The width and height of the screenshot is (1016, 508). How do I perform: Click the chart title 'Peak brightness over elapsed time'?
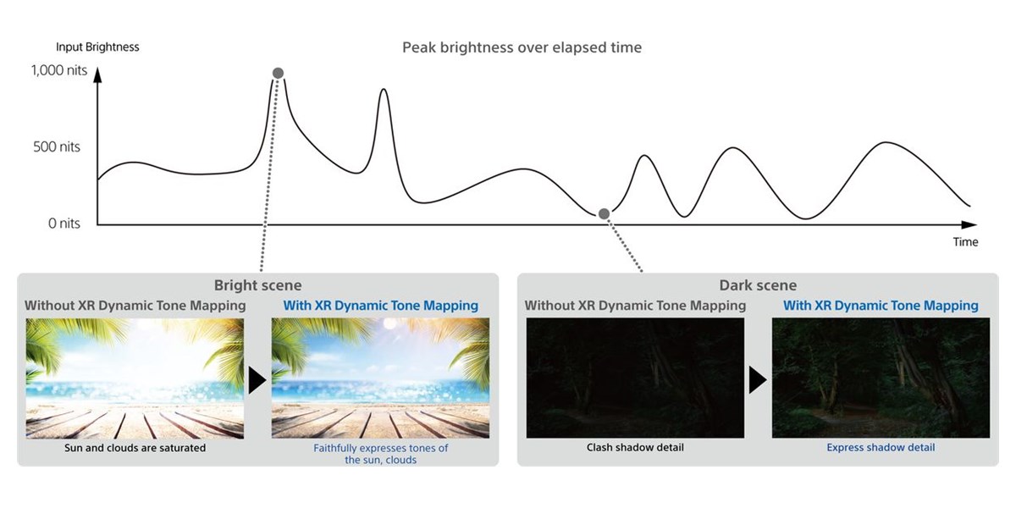(x=522, y=47)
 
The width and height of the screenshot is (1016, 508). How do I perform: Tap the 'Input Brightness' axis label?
(x=97, y=47)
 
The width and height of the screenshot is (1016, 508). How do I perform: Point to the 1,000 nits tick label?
(x=59, y=70)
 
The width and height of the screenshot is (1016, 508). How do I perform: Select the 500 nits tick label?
(x=56, y=147)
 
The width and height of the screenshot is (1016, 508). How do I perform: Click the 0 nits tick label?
(x=64, y=224)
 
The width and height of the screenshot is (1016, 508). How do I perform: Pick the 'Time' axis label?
(x=965, y=242)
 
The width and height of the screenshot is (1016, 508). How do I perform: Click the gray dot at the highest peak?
(x=278, y=73)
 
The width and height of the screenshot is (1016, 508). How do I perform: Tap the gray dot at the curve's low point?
(x=604, y=213)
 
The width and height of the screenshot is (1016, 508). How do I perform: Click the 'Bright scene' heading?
(x=257, y=285)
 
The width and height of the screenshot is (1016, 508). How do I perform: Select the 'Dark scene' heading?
(x=758, y=285)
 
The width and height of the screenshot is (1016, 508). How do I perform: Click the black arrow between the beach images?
(x=257, y=380)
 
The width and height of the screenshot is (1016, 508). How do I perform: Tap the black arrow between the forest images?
(x=757, y=380)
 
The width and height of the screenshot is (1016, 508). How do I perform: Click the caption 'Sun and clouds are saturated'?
(x=135, y=448)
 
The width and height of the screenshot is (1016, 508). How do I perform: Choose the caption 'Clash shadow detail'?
(x=635, y=448)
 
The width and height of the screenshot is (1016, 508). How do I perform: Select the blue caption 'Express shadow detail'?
(x=881, y=448)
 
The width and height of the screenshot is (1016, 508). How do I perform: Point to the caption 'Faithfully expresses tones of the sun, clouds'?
(x=380, y=454)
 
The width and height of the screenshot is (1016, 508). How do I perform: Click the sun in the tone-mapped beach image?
(x=389, y=323)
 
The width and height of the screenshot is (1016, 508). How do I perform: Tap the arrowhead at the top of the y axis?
(x=97, y=75)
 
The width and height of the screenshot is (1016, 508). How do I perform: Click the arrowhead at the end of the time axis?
(x=969, y=224)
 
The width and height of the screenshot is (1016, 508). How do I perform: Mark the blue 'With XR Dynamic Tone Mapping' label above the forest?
(x=881, y=306)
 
